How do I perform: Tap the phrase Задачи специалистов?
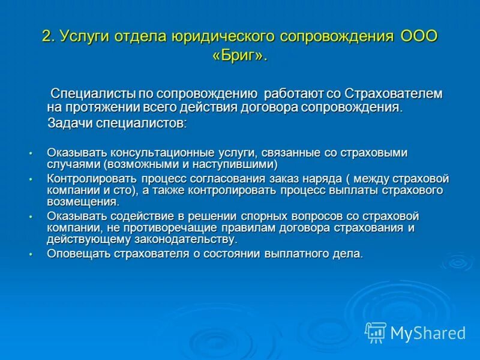117,124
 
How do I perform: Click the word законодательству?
181,239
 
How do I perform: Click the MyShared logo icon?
376,332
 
